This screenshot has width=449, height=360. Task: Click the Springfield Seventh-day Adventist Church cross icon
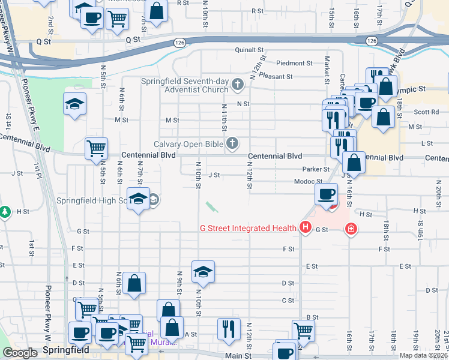[x=238, y=83]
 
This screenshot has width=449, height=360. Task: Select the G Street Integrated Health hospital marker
[x=306, y=228]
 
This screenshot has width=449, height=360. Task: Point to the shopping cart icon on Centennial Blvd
[x=96, y=148]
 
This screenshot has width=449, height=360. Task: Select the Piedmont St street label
[x=295, y=63]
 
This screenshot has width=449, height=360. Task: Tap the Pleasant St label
[x=276, y=77]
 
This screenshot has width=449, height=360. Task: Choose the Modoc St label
[x=308, y=181]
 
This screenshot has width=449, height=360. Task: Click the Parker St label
[x=316, y=170]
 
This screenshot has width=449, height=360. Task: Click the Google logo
[x=20, y=353]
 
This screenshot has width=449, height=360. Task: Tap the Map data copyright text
[x=424, y=355]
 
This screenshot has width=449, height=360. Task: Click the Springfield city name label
[x=66, y=349]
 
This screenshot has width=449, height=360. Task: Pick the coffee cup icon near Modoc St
[x=327, y=193]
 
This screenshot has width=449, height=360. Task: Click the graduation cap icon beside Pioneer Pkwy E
[x=74, y=104]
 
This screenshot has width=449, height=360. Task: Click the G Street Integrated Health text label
[x=248, y=228]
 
